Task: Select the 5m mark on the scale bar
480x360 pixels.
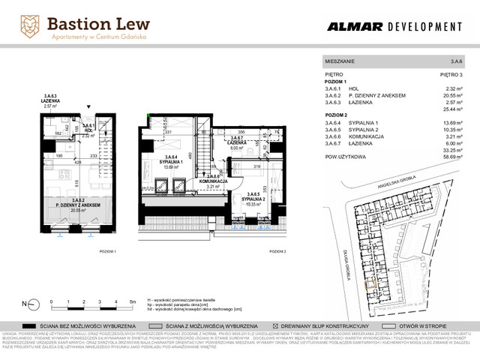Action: tap(131, 300)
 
